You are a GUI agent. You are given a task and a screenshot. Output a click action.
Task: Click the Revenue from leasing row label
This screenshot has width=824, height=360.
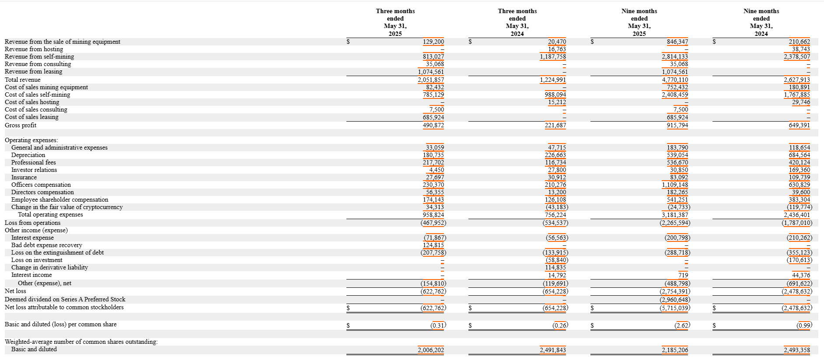pyautogui.click(x=33, y=72)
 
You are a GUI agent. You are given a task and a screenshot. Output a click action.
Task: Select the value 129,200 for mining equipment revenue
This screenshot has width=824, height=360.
pyautogui.click(x=433, y=42)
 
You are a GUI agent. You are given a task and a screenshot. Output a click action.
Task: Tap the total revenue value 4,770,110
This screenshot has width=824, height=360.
pyautogui.click(x=674, y=80)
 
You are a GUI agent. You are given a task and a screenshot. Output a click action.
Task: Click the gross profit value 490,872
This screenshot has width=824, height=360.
pyautogui.click(x=433, y=126)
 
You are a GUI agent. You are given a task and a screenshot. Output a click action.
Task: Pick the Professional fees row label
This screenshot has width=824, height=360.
pyautogui.click(x=33, y=163)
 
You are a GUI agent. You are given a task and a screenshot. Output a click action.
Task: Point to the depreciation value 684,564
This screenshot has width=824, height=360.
pyautogui.click(x=799, y=155)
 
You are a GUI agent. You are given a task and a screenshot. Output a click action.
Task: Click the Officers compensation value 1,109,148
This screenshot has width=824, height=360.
pyautogui.click(x=674, y=185)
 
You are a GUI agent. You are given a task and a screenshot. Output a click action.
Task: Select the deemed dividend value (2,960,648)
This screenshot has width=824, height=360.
pyautogui.click(x=674, y=300)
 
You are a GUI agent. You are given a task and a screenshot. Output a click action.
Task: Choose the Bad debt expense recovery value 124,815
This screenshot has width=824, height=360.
pyautogui.click(x=433, y=245)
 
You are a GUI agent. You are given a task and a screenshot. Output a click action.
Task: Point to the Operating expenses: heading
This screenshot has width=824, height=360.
pyautogui.click(x=31, y=140)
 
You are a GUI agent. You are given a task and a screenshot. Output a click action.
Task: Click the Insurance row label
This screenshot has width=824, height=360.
pyautogui.click(x=24, y=178)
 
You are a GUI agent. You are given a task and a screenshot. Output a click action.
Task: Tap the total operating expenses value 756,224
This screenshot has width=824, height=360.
pyautogui.click(x=555, y=215)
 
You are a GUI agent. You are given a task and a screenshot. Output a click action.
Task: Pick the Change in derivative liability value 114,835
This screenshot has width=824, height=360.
pyautogui.click(x=555, y=268)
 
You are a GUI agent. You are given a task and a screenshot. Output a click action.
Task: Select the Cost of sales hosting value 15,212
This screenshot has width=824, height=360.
pyautogui.click(x=557, y=102)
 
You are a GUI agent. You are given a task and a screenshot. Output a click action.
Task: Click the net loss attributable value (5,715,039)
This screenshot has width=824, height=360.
pyautogui.click(x=674, y=308)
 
